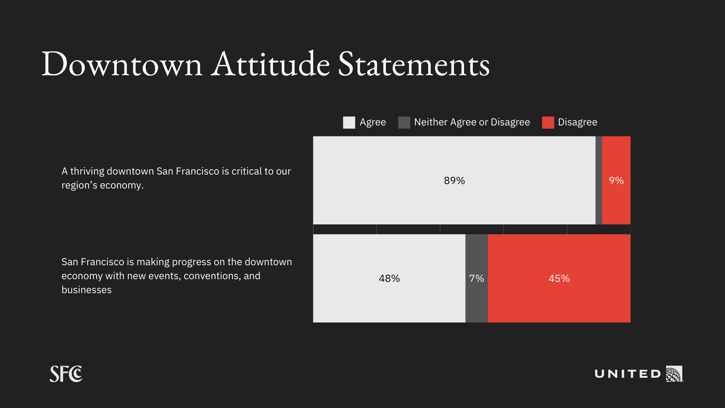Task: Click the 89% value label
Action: coord(454,181)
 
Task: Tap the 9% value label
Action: coord(616,181)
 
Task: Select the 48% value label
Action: coord(389,278)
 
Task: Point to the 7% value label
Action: coord(477,278)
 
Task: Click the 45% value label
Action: coord(559,278)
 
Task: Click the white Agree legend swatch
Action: coord(349,122)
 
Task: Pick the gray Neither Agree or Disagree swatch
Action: coord(404,122)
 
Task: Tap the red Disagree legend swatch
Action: coord(548,122)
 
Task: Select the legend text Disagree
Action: coord(578,122)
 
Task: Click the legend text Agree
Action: coord(373,122)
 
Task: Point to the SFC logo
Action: coord(66,374)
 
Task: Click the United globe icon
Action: coord(674,374)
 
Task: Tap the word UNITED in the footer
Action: coord(628,374)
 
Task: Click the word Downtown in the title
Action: coord(122,64)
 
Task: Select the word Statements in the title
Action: coord(414,64)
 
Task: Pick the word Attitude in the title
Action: coord(270,63)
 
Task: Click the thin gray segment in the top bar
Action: coord(599,180)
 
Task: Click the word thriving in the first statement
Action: coord(87,172)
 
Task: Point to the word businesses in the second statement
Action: coord(86,290)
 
